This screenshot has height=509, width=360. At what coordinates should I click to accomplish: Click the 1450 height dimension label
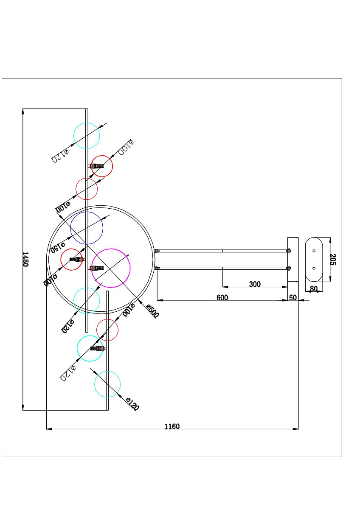pyautogui.click(x=25, y=259)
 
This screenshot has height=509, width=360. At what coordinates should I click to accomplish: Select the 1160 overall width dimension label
pyautogui.click(x=172, y=426)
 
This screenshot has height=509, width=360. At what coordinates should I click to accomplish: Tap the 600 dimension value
pyautogui.click(x=222, y=298)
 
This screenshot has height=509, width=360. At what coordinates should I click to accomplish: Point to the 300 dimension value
pyautogui.click(x=255, y=284)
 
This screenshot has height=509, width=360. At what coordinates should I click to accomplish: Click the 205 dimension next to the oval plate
pyautogui.click(x=333, y=260)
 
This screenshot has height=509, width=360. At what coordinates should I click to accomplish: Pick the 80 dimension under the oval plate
pyautogui.click(x=314, y=289)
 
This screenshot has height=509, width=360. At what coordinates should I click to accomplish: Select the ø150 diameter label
pyautogui.click(x=57, y=247)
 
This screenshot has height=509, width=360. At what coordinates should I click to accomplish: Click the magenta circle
pyautogui.click(x=111, y=268)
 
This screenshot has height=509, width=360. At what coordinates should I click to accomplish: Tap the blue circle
pyautogui.click(x=87, y=228)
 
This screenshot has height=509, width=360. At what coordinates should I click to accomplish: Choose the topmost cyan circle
pyautogui.click(x=87, y=136)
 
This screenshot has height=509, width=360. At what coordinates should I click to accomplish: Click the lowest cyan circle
pyautogui.click(x=107, y=384)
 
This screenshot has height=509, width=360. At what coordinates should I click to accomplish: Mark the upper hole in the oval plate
pyautogui.click(x=314, y=251)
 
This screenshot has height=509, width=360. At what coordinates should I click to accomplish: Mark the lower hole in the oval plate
pyautogui.click(x=314, y=268)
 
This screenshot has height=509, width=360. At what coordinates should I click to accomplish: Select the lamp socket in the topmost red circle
pyautogui.click(x=97, y=166)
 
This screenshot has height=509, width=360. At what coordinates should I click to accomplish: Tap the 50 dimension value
pyautogui.click(x=293, y=298)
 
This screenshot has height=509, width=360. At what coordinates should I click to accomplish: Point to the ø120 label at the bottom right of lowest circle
pyautogui.click(x=132, y=404)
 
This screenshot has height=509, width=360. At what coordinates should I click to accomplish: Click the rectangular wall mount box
pyautogui.click(x=293, y=259)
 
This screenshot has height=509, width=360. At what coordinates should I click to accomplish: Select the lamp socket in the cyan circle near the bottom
pyautogui.click(x=98, y=348)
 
